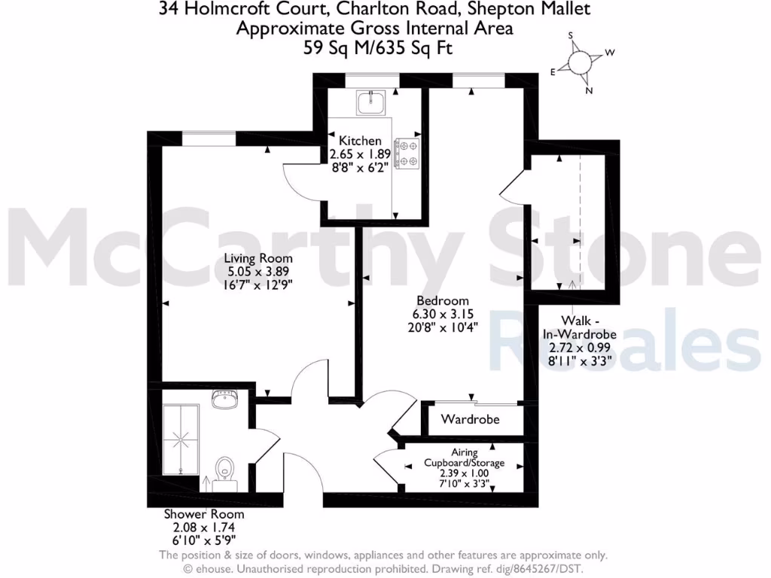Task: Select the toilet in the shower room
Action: click(x=224, y=472)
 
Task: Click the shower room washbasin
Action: click(x=224, y=400)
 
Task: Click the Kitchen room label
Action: click(x=360, y=141)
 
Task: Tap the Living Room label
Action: click(x=258, y=258)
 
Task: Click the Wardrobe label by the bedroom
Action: click(x=470, y=419)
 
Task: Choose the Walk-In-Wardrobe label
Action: click(x=580, y=327)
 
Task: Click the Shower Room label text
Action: click(x=204, y=515)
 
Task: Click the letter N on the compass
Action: click(x=589, y=91)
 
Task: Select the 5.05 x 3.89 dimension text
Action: click(x=258, y=272)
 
